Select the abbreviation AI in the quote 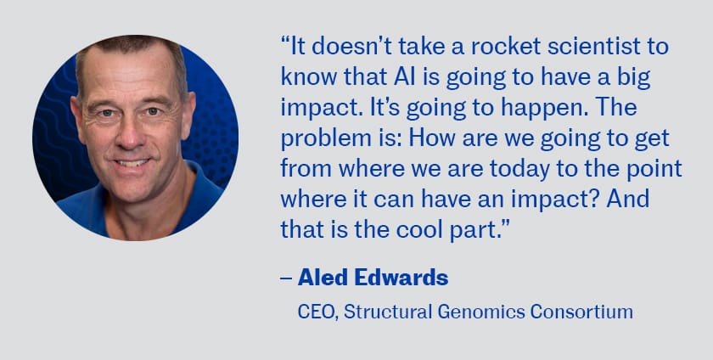coord(402,77)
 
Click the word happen coord(543,110)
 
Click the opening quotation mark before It coord(285,42)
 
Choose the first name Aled coord(323,277)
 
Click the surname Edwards coord(401,277)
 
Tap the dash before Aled coord(286,278)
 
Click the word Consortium coord(581,312)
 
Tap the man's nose coord(129,134)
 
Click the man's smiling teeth coord(132,163)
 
